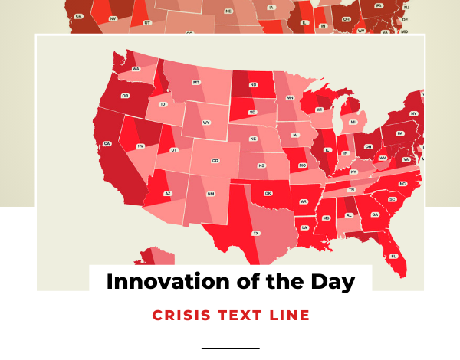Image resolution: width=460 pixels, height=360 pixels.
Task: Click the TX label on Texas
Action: [256, 233]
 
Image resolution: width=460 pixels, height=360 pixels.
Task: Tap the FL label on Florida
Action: [394, 256]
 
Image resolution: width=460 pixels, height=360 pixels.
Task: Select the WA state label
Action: [136, 69]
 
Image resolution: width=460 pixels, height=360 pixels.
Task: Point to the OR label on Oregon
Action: [125, 96]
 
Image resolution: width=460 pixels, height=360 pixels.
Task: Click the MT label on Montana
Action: [196, 82]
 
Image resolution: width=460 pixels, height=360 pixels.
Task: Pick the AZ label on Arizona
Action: [167, 194]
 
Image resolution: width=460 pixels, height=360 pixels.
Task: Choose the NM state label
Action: [211, 194]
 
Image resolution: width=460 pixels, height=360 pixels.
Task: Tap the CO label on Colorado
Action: [215, 161]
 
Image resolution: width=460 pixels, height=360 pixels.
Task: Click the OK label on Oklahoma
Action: [268, 193]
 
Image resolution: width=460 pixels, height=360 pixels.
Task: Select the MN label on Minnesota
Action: [290, 98]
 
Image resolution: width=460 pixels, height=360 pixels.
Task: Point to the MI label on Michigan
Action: [353, 122]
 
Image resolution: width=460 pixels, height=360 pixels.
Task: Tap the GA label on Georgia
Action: [375, 214]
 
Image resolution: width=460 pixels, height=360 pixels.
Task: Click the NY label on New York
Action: [413, 113]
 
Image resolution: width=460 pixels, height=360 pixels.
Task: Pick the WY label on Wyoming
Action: [206, 123]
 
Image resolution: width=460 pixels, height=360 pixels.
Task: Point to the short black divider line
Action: [230, 349]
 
